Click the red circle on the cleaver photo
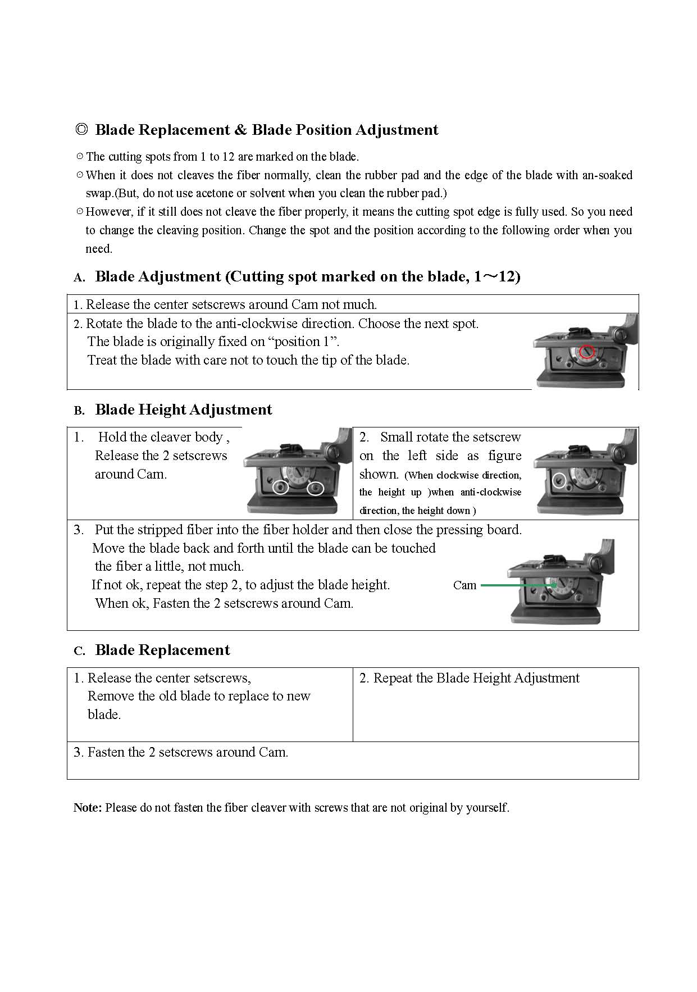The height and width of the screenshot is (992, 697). coord(586,352)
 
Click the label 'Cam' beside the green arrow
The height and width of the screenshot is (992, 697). coord(464,585)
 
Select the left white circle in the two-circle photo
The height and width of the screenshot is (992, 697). coord(281,488)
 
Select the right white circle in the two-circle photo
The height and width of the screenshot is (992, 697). coord(316,488)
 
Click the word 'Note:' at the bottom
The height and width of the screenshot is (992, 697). coord(88,808)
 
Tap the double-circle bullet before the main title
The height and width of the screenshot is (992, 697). coord(81,130)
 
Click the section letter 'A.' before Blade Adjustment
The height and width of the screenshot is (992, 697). coord(79,277)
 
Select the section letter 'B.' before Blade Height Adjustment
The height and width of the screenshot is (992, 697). coord(79,411)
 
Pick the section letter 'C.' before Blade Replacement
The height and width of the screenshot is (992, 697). coord(79,651)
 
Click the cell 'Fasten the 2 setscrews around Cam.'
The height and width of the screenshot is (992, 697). coord(187,752)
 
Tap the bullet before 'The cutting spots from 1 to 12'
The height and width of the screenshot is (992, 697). coord(80,156)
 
